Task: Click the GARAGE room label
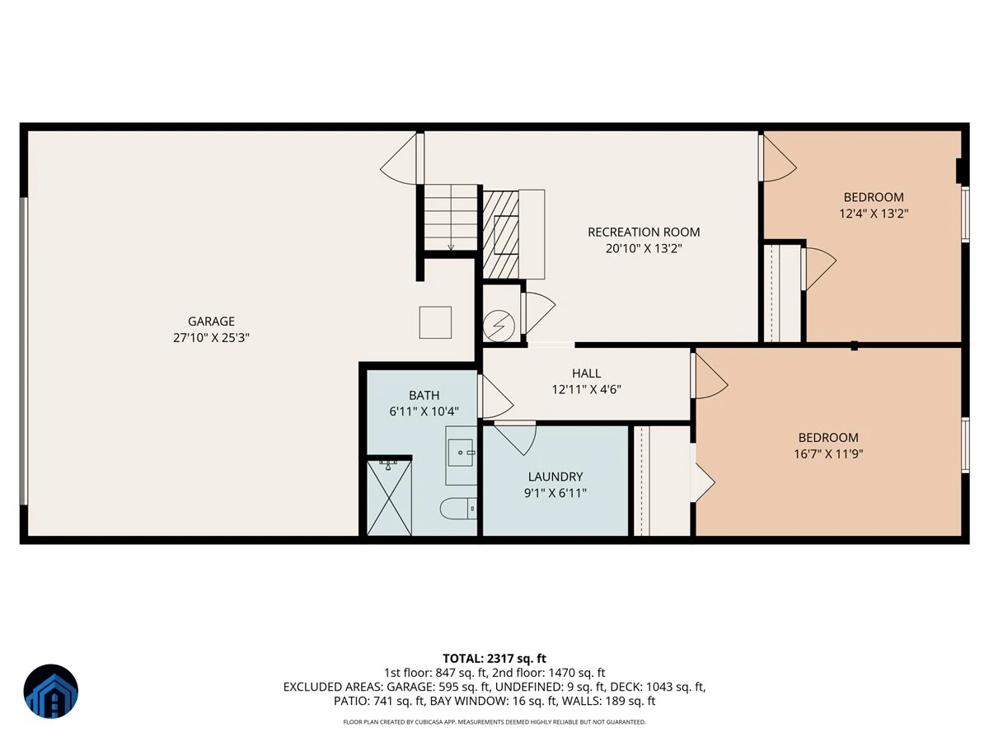(x=211, y=322)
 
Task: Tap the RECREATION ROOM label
(x=644, y=232)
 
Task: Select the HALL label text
(x=586, y=373)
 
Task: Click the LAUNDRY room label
(x=555, y=477)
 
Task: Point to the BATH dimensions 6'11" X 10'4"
(x=424, y=411)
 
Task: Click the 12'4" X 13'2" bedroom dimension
(x=873, y=213)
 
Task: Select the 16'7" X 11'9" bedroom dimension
(x=828, y=453)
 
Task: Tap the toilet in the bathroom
(x=458, y=509)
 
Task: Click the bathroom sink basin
(x=461, y=453)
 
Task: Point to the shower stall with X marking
(x=389, y=497)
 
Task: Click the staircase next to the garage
(x=451, y=218)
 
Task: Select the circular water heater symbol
(x=499, y=326)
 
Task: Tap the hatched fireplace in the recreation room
(x=500, y=234)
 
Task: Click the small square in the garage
(x=435, y=322)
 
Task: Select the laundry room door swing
(x=514, y=438)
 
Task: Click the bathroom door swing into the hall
(x=495, y=397)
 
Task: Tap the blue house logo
(x=51, y=691)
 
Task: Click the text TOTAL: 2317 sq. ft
(x=494, y=659)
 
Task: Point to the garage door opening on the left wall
(x=23, y=351)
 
